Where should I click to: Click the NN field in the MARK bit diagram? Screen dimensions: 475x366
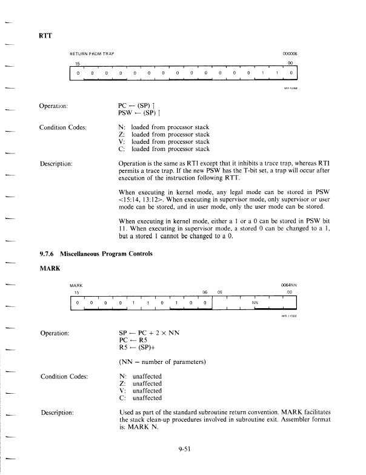pos(255,300)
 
